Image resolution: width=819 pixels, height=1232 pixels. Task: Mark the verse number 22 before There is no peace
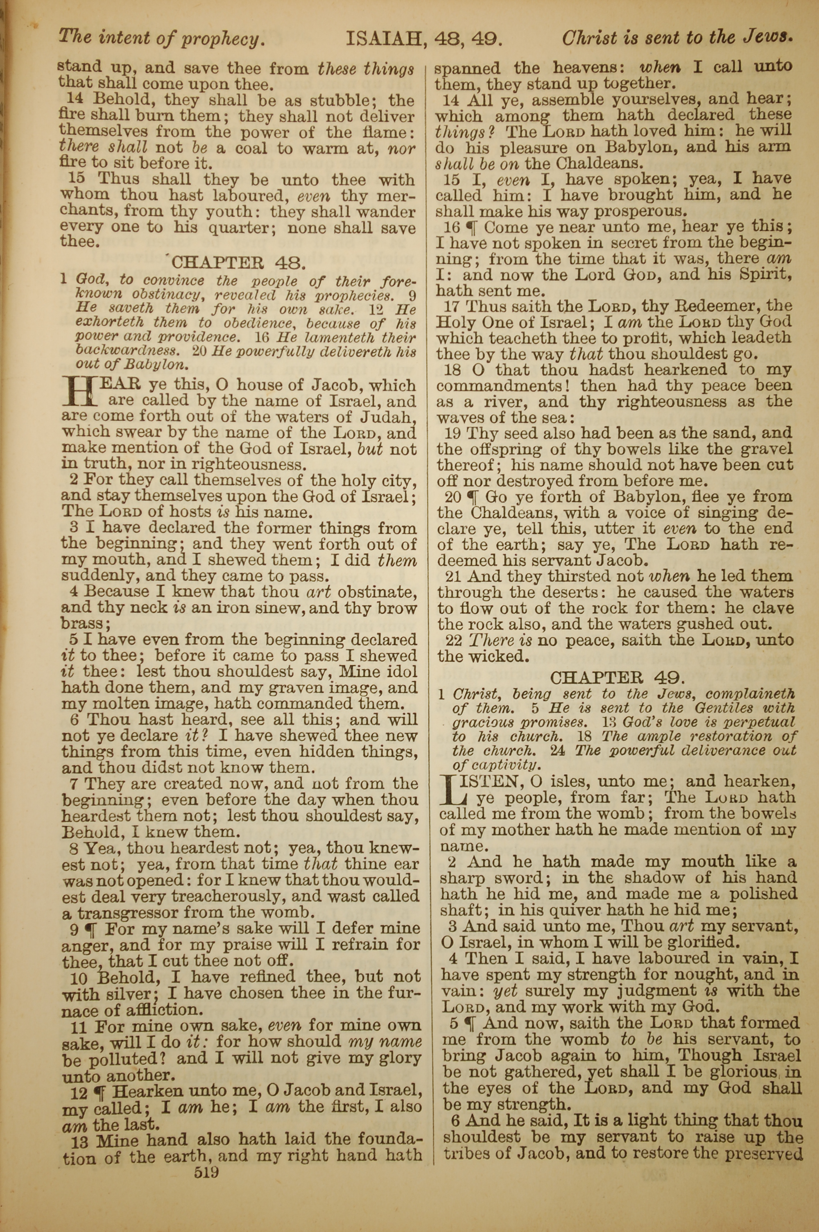click(x=455, y=640)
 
